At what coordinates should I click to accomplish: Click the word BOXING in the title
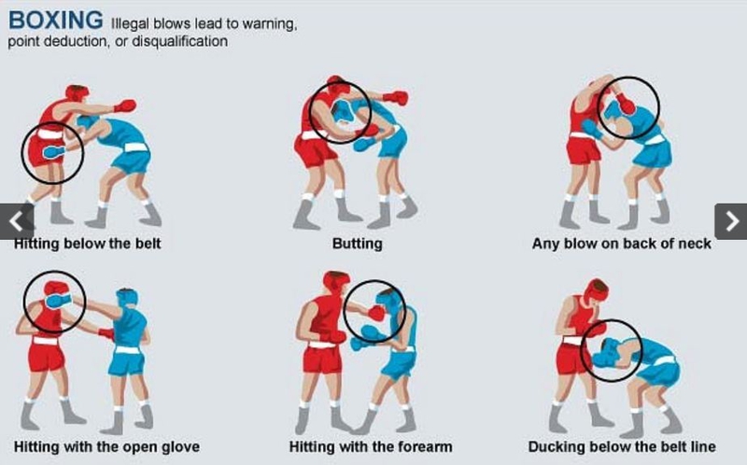56,20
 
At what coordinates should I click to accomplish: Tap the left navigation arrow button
17,221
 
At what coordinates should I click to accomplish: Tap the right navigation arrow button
731,221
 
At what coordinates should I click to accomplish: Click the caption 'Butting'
358,244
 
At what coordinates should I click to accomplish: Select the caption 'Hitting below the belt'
87,244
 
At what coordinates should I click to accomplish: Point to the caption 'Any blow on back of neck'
621,244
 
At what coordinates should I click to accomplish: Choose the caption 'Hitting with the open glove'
106,447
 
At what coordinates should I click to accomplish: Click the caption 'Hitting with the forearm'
371,447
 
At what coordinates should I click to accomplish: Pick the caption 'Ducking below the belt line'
622,447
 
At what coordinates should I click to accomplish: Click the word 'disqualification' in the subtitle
179,41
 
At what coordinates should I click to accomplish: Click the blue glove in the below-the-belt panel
53,152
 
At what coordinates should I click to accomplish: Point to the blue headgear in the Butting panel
343,112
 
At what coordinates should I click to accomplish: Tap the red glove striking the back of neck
625,104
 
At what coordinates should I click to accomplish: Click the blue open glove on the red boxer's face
58,301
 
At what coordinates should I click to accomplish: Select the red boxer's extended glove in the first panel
125,106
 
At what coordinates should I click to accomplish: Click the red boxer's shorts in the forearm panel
322,359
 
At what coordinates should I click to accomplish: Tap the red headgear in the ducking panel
596,290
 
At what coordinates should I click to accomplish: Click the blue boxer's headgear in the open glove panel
127,299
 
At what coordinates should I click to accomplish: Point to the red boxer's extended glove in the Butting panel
395,98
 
